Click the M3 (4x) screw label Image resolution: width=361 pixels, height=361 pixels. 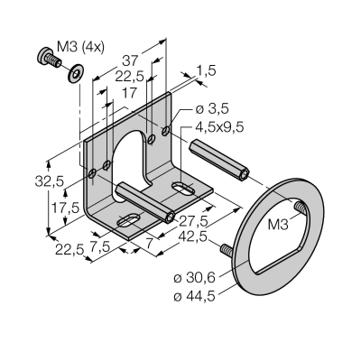point(80,47)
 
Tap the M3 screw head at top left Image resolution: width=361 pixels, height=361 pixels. point(44,56)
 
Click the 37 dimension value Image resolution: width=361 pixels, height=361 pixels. point(129,61)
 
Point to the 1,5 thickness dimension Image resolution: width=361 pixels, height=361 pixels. point(206,71)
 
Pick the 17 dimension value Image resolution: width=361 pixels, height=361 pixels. point(130,93)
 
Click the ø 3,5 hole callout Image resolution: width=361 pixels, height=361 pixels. point(212,109)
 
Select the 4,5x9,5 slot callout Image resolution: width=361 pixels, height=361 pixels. point(219,127)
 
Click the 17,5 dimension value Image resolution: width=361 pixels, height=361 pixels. point(65,208)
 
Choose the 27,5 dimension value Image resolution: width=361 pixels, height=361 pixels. point(194,221)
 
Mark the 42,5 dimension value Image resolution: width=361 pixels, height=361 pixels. point(193,237)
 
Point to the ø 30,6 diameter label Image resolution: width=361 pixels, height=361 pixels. point(195,278)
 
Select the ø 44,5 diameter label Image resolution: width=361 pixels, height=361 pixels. point(195,297)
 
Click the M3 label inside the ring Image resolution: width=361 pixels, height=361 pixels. point(278,225)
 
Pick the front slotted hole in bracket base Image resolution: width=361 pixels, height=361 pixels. point(128,221)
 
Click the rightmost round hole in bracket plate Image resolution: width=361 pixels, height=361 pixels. point(166,131)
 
